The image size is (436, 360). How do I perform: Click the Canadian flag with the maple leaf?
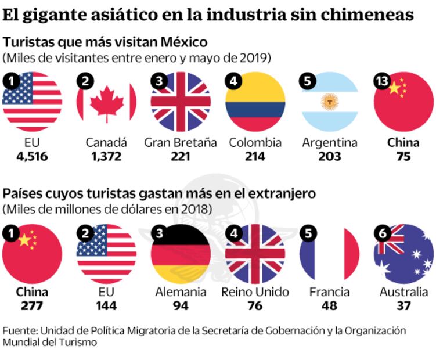coord(107,102)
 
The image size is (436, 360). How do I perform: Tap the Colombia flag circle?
coord(255,102)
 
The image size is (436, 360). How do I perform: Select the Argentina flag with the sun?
coord(330,102)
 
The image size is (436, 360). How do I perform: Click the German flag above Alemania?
coord(181,253)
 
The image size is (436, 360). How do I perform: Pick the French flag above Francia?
coord(330,253)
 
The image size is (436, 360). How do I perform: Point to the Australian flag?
coord(404,253)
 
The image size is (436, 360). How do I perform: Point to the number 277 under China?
coord(32,306)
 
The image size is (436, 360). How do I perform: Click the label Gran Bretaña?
coord(181,142)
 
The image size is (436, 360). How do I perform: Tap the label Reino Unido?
coord(255,292)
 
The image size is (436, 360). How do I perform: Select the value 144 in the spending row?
coord(107,306)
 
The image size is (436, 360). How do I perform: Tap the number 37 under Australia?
coord(404,306)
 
